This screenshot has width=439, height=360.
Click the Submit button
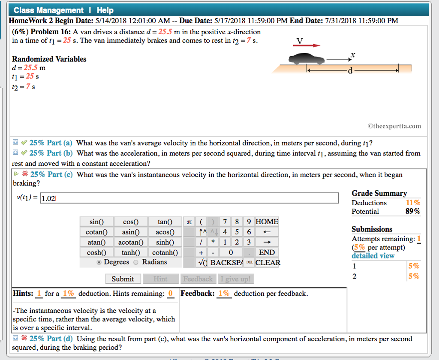pyautogui.click(x=123, y=279)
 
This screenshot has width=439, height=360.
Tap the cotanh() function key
pyautogui.click(x=165, y=252)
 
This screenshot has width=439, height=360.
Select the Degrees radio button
pyautogui.click(x=99, y=262)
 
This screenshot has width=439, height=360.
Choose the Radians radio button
pyautogui.click(x=136, y=262)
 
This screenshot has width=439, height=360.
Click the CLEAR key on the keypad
pyautogui.click(x=268, y=263)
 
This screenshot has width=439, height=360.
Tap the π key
pyautogui.click(x=189, y=222)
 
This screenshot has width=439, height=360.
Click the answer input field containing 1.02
pyautogui.click(x=189, y=198)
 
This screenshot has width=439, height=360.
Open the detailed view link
pyautogui.click(x=373, y=256)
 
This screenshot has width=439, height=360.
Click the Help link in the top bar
pyautogui.click(x=105, y=10)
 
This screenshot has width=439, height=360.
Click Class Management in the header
pyautogui.click(x=48, y=10)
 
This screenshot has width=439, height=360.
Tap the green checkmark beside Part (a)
pyautogui.click(x=24, y=143)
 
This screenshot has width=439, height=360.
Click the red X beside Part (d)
pyautogui.click(x=24, y=339)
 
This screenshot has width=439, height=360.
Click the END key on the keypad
pyautogui.click(x=267, y=252)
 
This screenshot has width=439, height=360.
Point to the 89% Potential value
pyautogui.click(x=413, y=211)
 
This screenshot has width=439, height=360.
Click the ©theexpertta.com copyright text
pyautogui.click(x=394, y=126)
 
